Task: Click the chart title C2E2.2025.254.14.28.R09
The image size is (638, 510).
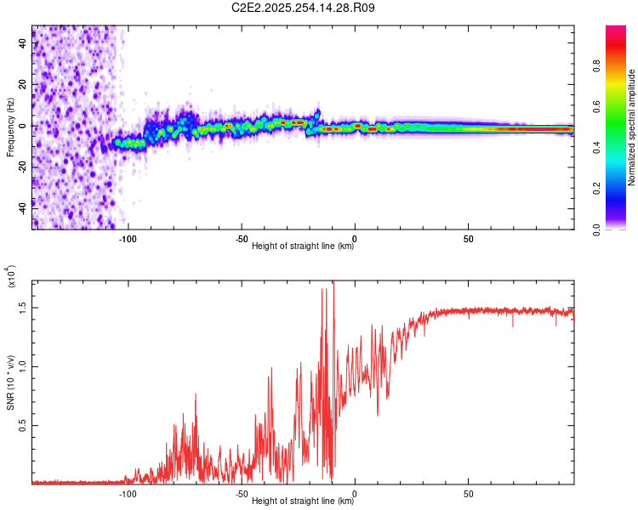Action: (304, 8)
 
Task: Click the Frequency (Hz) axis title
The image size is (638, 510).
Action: (9, 127)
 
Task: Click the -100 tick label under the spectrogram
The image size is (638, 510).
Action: (128, 238)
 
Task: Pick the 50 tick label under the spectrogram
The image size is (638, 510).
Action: (469, 238)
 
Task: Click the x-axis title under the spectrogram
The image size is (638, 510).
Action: (303, 247)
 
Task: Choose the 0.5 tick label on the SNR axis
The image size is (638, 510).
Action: (22, 427)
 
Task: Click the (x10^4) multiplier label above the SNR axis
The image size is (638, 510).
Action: (10, 277)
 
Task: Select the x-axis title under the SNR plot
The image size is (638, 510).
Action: (303, 501)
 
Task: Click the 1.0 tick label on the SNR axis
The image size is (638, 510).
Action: (22, 366)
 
